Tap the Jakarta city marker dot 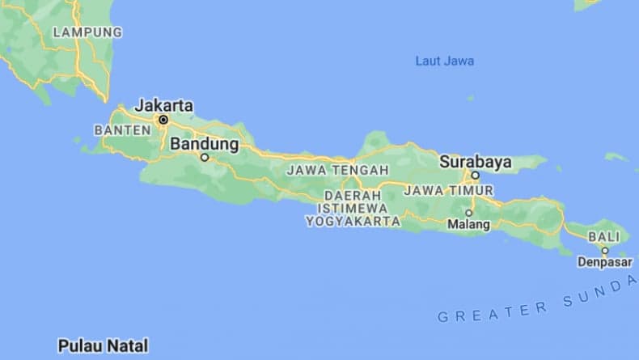pyautogui.click(x=163, y=120)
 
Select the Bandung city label pyautogui.click(x=205, y=144)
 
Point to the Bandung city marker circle pyautogui.click(x=205, y=158)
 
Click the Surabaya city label pyautogui.click(x=476, y=162)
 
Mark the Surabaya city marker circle pyautogui.click(x=476, y=175)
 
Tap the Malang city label pyautogui.click(x=469, y=224)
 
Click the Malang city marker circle pyautogui.click(x=468, y=213)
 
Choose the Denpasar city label pyautogui.click(x=604, y=262)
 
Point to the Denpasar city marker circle pyautogui.click(x=604, y=251)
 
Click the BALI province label pyautogui.click(x=603, y=237)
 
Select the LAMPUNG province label pyautogui.click(x=87, y=32)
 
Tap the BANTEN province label pyautogui.click(x=122, y=129)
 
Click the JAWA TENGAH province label pyautogui.click(x=337, y=171)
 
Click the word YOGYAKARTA pyautogui.click(x=353, y=221)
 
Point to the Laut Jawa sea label pyautogui.click(x=444, y=61)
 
